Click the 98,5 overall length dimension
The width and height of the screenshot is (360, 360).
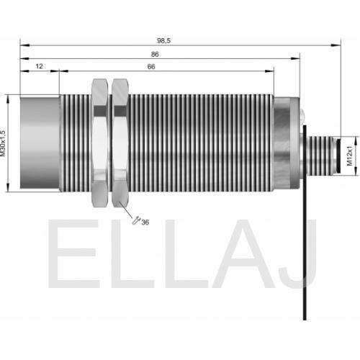click(163, 41)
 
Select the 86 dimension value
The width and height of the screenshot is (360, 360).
click(155, 55)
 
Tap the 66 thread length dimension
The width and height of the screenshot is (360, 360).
click(151, 67)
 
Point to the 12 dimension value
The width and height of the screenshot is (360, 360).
click(39, 66)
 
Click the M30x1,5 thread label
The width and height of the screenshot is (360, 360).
click(3, 143)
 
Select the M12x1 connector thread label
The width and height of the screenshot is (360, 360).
click(350, 156)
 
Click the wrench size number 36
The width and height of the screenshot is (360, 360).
click(145, 222)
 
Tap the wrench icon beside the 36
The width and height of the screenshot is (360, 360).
click(136, 220)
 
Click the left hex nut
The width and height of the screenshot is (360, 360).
click(100, 143)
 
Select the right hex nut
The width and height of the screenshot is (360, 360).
click(120, 143)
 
